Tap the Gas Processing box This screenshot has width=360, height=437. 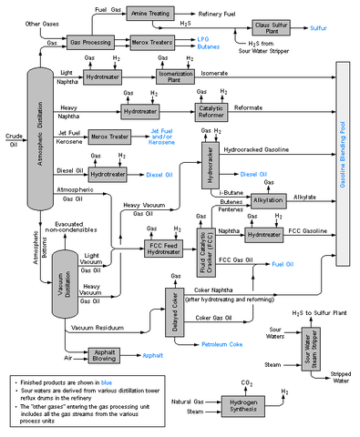tap(91, 43)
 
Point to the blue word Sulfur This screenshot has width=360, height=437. tap(316, 28)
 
